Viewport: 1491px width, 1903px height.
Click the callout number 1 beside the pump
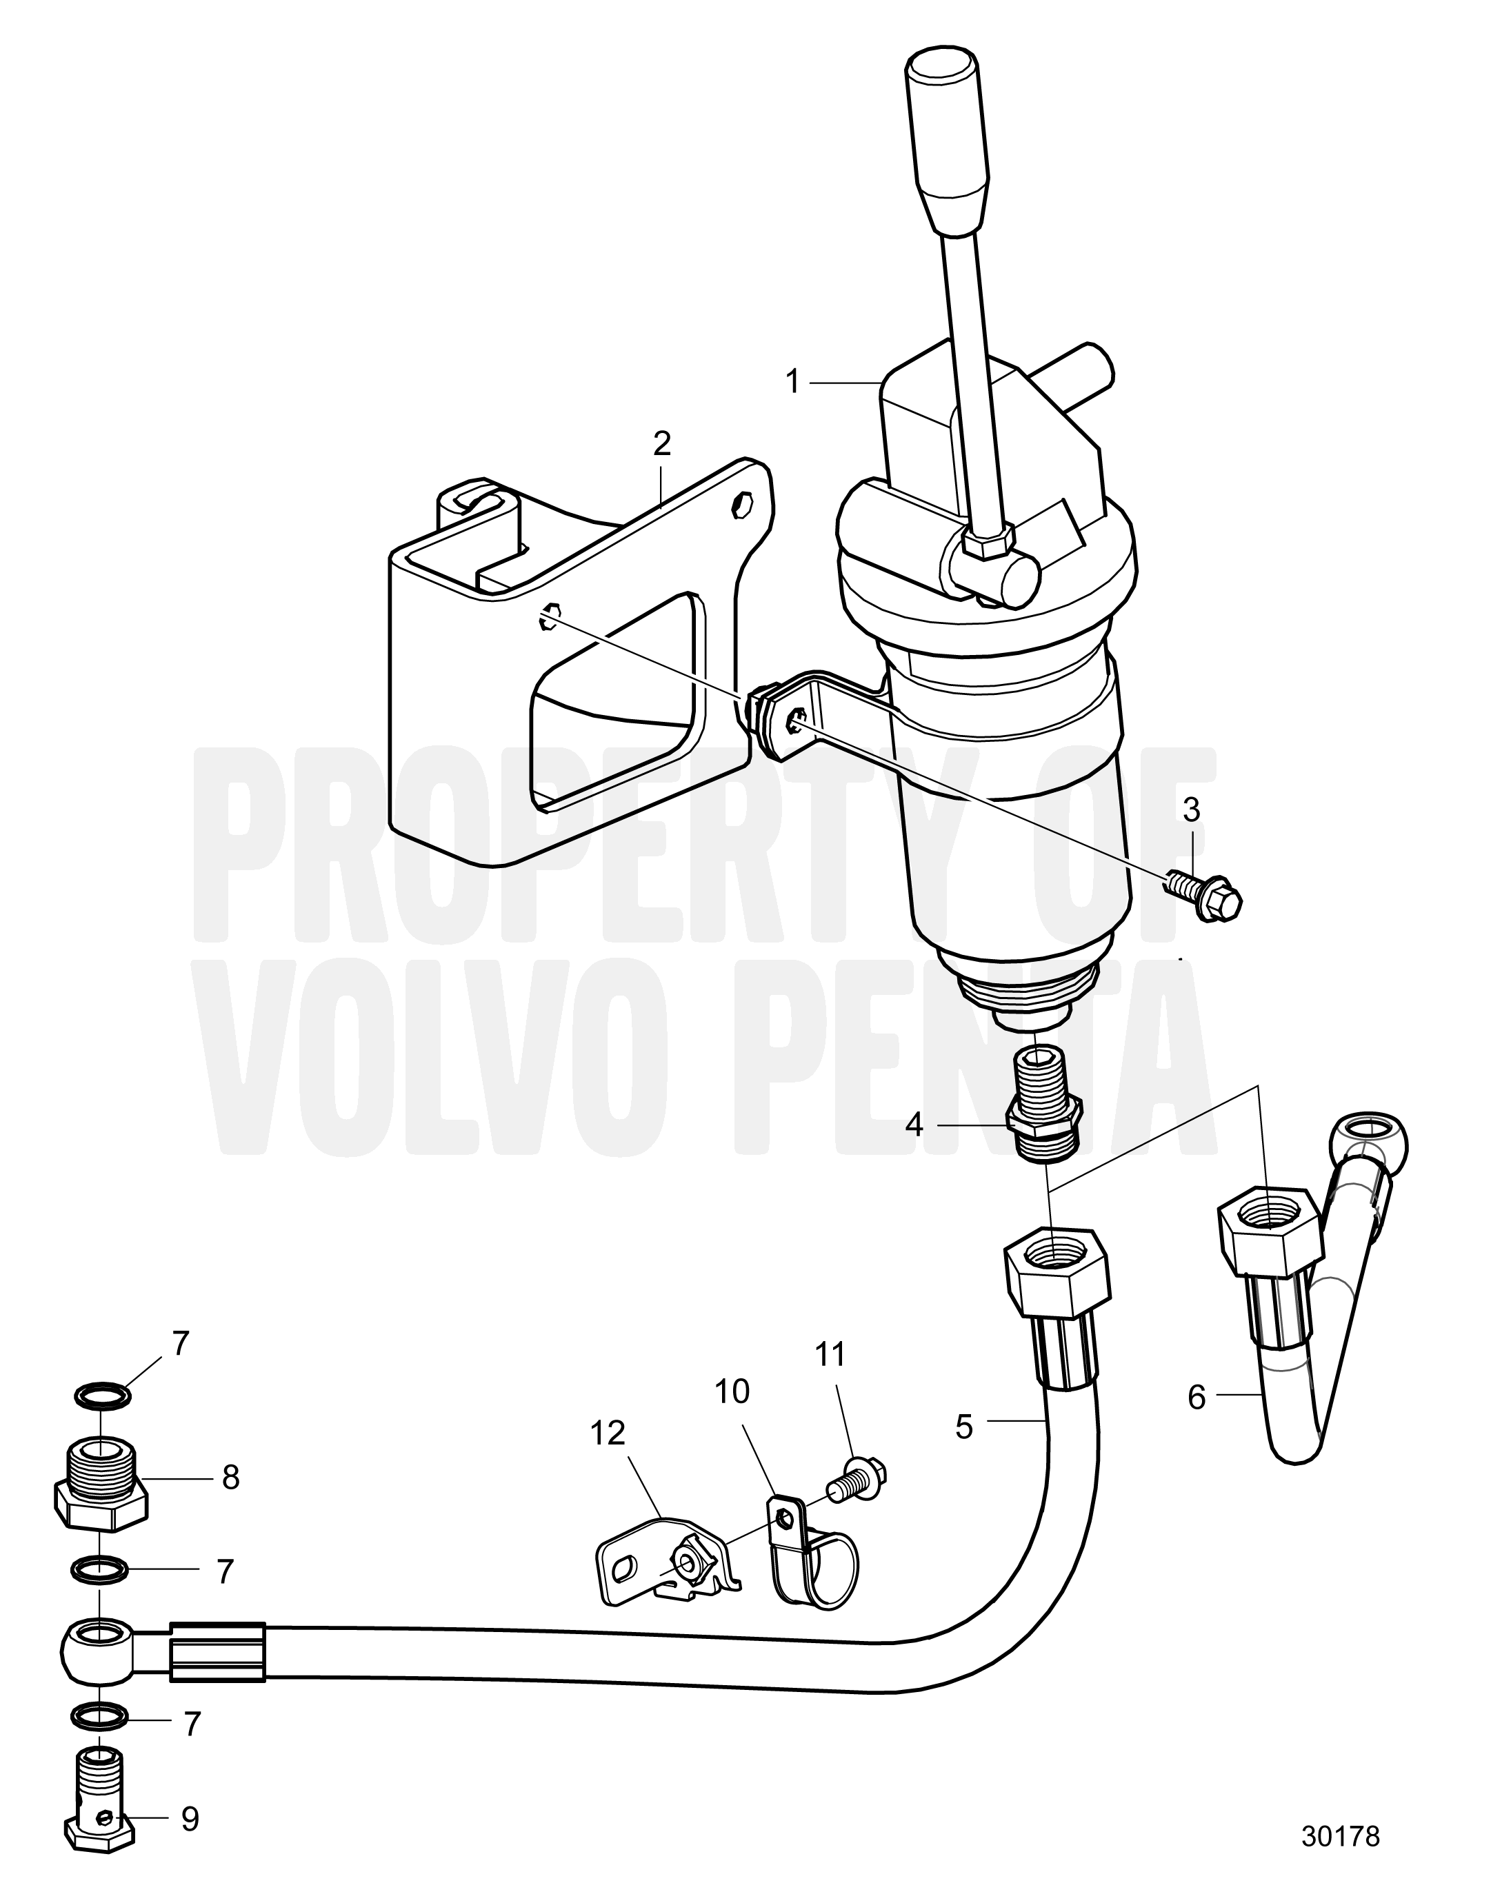[792, 381]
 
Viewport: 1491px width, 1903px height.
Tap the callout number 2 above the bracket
[661, 444]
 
